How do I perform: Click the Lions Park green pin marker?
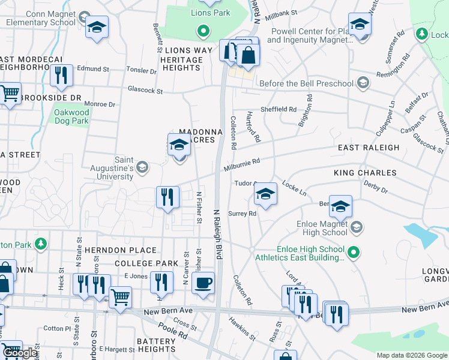(x=203, y=31)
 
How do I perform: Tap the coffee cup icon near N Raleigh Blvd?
(x=203, y=282)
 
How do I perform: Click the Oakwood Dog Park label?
(x=71, y=116)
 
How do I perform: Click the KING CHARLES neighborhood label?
(x=365, y=173)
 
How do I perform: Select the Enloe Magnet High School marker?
(x=357, y=226)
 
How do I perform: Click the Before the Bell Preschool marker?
(x=363, y=82)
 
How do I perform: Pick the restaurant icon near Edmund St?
(x=61, y=75)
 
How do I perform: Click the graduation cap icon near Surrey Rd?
(x=265, y=193)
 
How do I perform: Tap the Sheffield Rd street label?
(x=278, y=110)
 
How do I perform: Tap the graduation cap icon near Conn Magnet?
(x=96, y=27)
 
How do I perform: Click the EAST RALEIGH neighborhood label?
(x=369, y=148)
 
